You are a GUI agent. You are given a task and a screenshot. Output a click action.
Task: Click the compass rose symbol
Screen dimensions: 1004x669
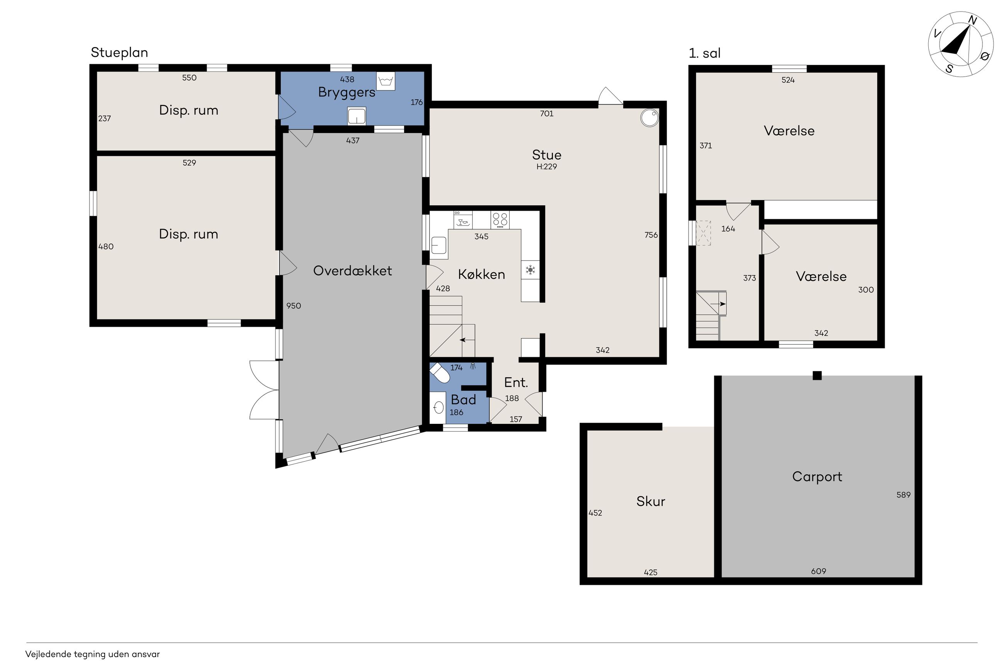click(x=960, y=44)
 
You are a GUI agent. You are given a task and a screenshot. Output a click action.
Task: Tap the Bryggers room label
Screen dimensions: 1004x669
click(x=346, y=92)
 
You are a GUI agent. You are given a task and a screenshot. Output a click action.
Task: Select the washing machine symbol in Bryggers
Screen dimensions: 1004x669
click(x=386, y=81)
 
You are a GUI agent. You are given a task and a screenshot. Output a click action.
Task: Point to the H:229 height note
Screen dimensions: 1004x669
click(x=546, y=166)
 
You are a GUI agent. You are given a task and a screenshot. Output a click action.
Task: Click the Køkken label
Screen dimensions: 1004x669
click(x=481, y=274)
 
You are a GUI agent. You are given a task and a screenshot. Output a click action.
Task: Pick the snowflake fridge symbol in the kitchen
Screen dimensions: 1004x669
click(x=530, y=270)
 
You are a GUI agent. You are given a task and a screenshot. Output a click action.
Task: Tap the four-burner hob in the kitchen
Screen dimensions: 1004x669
click(x=500, y=219)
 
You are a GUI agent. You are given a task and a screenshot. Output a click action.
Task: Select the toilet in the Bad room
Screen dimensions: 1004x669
click(x=439, y=373)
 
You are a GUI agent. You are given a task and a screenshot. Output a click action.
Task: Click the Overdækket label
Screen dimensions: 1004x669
click(x=353, y=271)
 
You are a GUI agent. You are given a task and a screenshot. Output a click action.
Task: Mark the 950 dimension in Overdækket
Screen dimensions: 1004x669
click(x=293, y=305)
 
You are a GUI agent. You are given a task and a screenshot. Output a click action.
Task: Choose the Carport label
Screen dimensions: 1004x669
click(x=817, y=477)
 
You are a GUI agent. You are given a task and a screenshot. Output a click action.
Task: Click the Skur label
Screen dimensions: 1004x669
click(x=651, y=501)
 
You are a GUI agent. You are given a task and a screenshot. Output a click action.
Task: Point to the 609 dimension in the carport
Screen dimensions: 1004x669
click(x=818, y=571)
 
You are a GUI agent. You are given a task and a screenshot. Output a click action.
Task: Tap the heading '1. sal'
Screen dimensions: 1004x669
click(x=704, y=53)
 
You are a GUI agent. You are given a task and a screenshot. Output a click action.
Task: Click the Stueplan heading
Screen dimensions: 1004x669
click(x=119, y=53)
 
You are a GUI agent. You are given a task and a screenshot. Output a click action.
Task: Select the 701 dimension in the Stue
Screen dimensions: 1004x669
click(x=546, y=113)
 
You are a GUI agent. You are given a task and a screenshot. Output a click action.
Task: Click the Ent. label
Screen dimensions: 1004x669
click(x=516, y=382)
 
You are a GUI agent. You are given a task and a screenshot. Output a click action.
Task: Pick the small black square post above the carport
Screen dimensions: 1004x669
click(x=817, y=376)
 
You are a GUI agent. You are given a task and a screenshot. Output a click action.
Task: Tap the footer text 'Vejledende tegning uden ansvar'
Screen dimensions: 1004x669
click(x=93, y=654)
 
